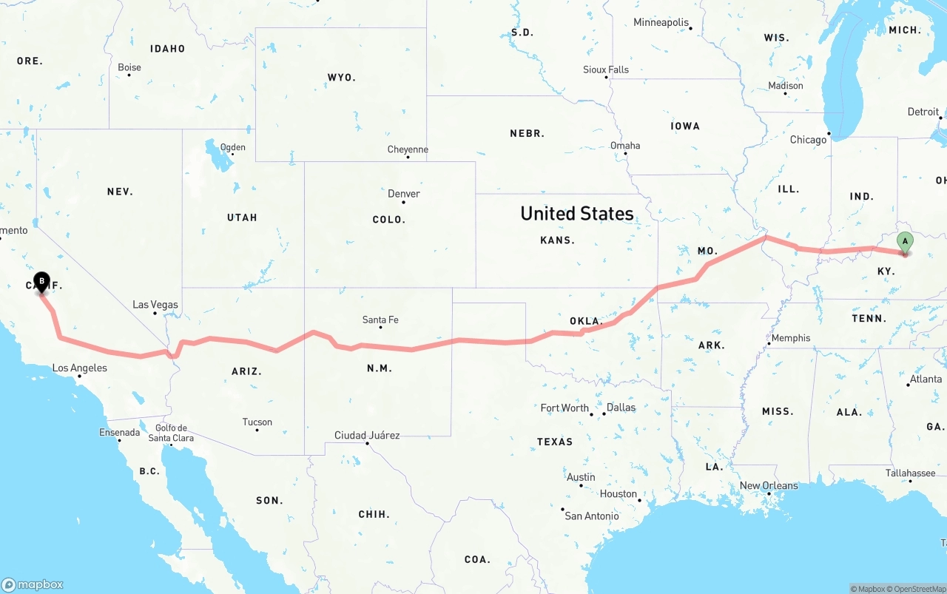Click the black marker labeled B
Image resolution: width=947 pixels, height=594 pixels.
tap(42, 282)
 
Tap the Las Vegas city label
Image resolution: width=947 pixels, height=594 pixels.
tap(155, 304)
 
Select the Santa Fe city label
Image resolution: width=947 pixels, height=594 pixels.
tap(380, 320)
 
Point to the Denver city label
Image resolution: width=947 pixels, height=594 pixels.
tap(404, 194)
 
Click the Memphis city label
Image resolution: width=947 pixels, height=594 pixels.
tap(790, 338)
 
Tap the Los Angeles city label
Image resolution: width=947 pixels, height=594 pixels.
tap(79, 368)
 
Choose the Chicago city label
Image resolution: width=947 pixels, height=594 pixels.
tap(808, 140)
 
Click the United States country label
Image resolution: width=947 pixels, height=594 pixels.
tap(577, 214)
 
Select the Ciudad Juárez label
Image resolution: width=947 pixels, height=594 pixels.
tap(367, 435)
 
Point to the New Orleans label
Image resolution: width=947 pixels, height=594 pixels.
tap(769, 485)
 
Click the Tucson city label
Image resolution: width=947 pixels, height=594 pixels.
tap(257, 422)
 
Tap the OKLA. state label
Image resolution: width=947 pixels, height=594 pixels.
tap(586, 321)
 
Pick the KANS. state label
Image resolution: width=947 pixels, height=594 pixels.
tap(558, 240)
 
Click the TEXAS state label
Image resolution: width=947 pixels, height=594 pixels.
tap(555, 442)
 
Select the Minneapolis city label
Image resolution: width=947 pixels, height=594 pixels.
tap(661, 22)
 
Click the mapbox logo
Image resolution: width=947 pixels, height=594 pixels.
tap(33, 584)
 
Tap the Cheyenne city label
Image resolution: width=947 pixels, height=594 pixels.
tap(408, 149)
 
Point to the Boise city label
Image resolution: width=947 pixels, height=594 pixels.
tap(129, 67)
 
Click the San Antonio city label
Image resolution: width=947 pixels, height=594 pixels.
tap(591, 516)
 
